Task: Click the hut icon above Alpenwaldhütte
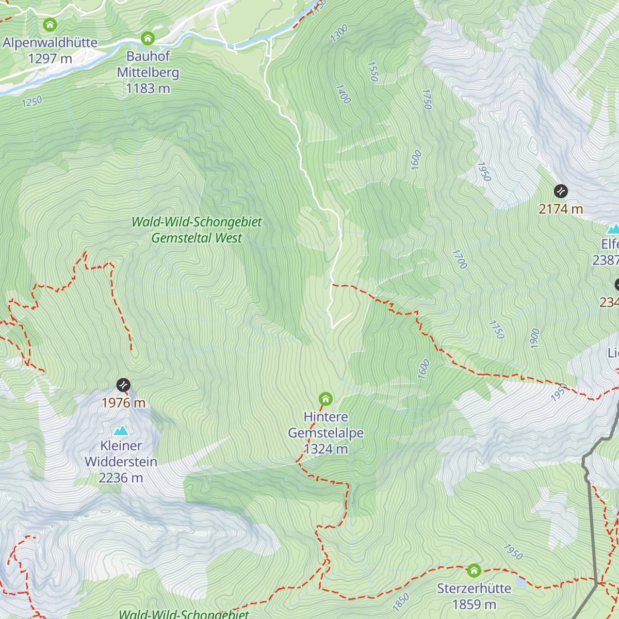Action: pyautogui.click(x=50, y=25)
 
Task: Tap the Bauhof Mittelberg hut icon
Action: pyautogui.click(x=148, y=38)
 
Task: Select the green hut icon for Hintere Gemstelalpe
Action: pyautogui.click(x=325, y=399)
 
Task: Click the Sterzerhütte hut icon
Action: pyautogui.click(x=474, y=571)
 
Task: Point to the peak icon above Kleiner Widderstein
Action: pyautogui.click(x=121, y=430)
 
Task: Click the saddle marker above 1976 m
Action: pyautogui.click(x=123, y=385)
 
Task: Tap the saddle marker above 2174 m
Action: pyautogui.click(x=561, y=191)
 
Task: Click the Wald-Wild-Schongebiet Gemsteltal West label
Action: pyautogui.click(x=197, y=230)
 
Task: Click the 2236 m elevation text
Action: pyautogui.click(x=121, y=478)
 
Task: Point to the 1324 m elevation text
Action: pyautogui.click(x=326, y=449)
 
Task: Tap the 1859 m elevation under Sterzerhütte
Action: pyautogui.click(x=474, y=605)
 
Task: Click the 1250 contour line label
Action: pyautogui.click(x=32, y=102)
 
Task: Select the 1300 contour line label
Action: pyautogui.click(x=339, y=34)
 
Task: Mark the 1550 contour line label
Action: pyautogui.click(x=373, y=72)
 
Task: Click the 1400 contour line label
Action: pyautogui.click(x=343, y=94)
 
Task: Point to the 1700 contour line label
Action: pyautogui.click(x=460, y=259)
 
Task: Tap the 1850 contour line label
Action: pyautogui.click(x=401, y=601)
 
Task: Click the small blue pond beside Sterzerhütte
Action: pyautogui.click(x=521, y=582)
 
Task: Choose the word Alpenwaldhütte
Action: pyautogui.click(x=50, y=43)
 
